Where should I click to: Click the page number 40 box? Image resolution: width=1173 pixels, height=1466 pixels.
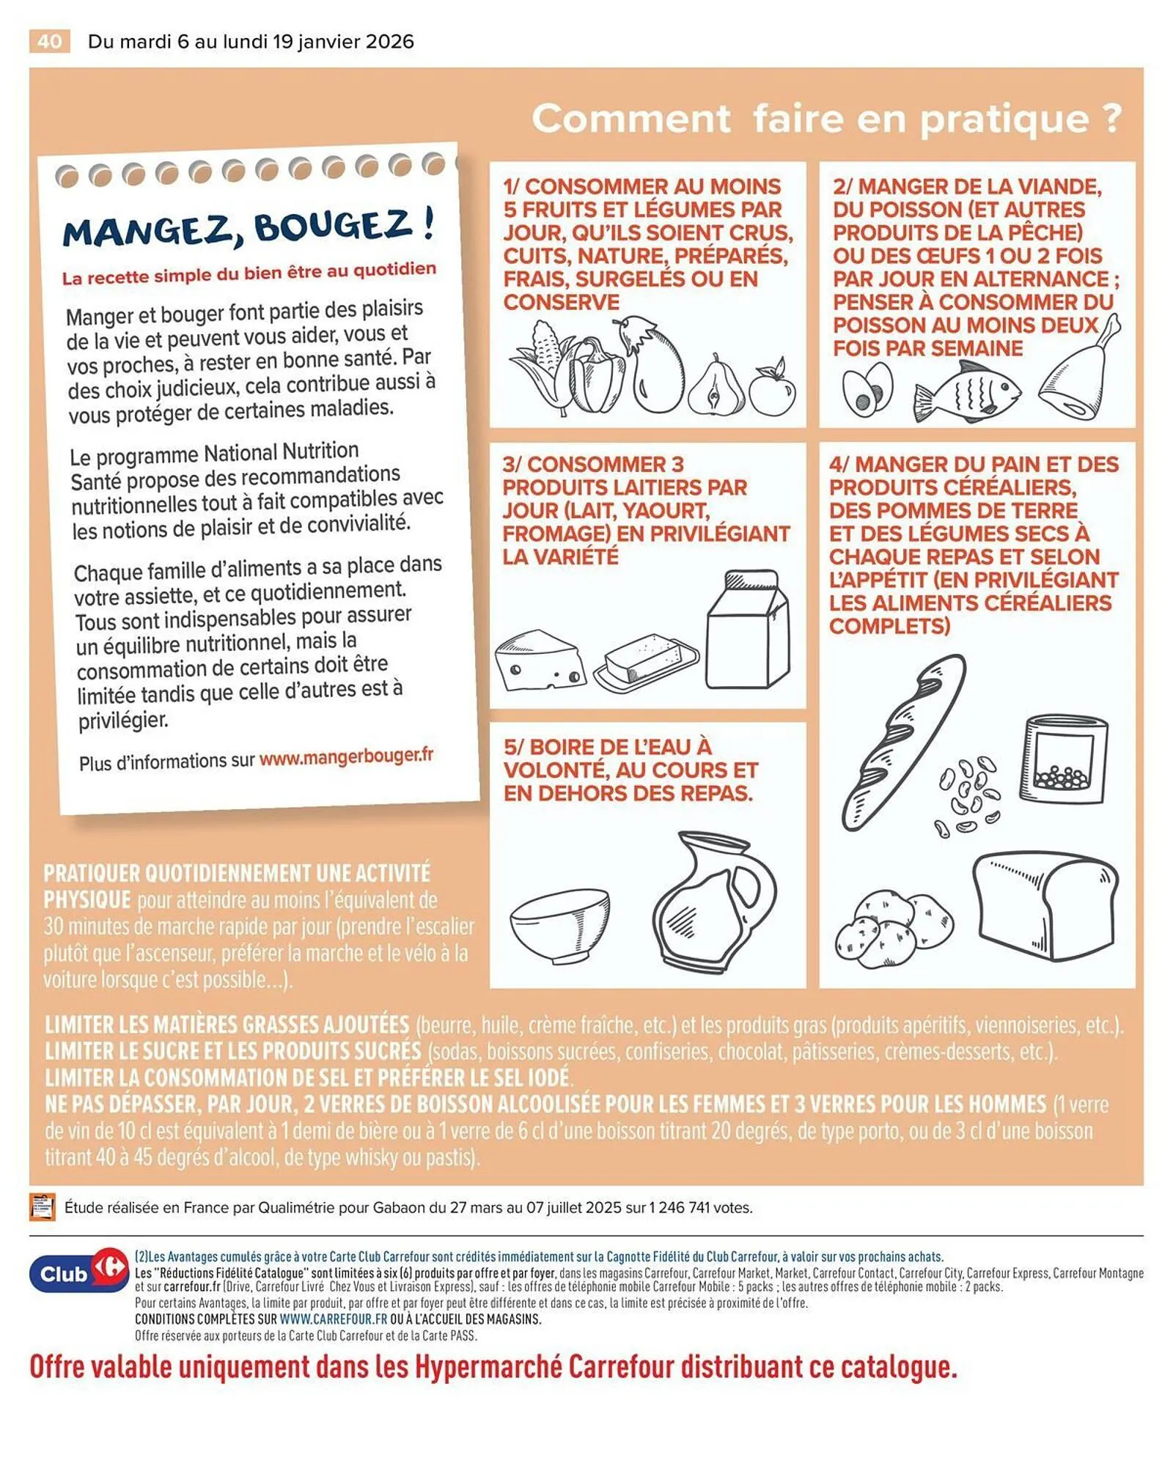point(50,41)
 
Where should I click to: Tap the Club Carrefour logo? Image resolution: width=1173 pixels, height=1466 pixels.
point(78,1273)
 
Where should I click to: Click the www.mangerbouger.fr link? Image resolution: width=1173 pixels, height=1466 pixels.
point(346,756)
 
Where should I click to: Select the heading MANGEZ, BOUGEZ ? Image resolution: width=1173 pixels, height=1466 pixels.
point(248,227)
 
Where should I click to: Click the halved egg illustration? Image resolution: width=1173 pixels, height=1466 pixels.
point(867,389)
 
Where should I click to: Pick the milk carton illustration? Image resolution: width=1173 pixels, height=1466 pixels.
point(749,630)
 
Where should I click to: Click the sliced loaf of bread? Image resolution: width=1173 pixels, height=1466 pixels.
point(1045,905)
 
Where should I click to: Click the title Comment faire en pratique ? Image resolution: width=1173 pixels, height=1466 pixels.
point(826,118)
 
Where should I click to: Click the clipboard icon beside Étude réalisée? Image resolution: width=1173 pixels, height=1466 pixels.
point(43,1207)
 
